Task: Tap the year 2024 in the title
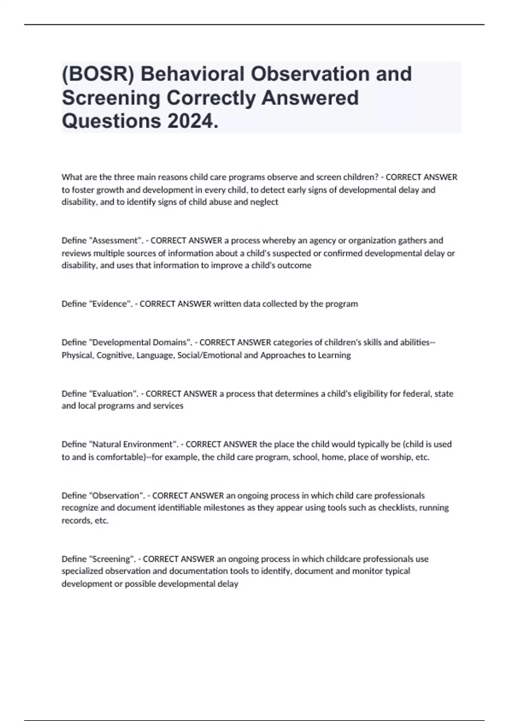tap(193, 121)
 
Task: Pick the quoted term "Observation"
tap(117, 495)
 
